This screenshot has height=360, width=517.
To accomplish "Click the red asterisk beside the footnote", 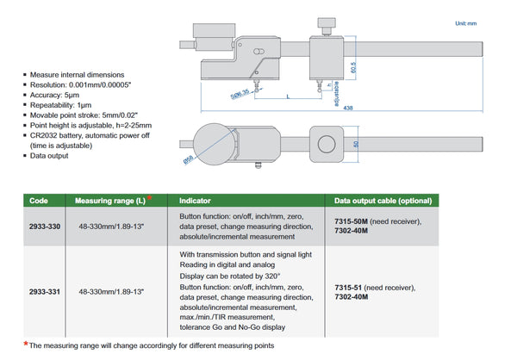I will [26, 343].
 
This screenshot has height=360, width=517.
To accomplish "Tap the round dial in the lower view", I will [207, 144].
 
